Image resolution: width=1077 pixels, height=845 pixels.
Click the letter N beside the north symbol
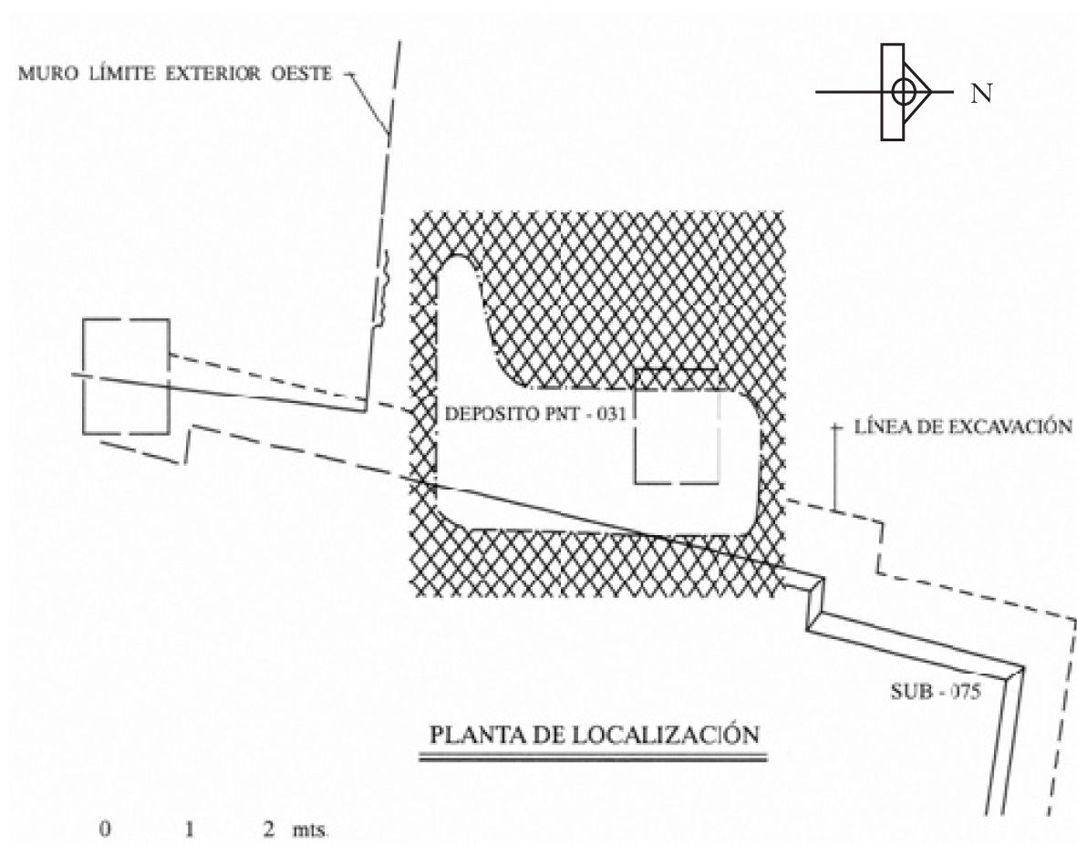click(981, 92)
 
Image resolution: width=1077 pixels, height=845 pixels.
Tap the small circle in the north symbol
click(903, 91)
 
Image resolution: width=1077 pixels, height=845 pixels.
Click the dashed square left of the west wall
click(125, 377)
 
